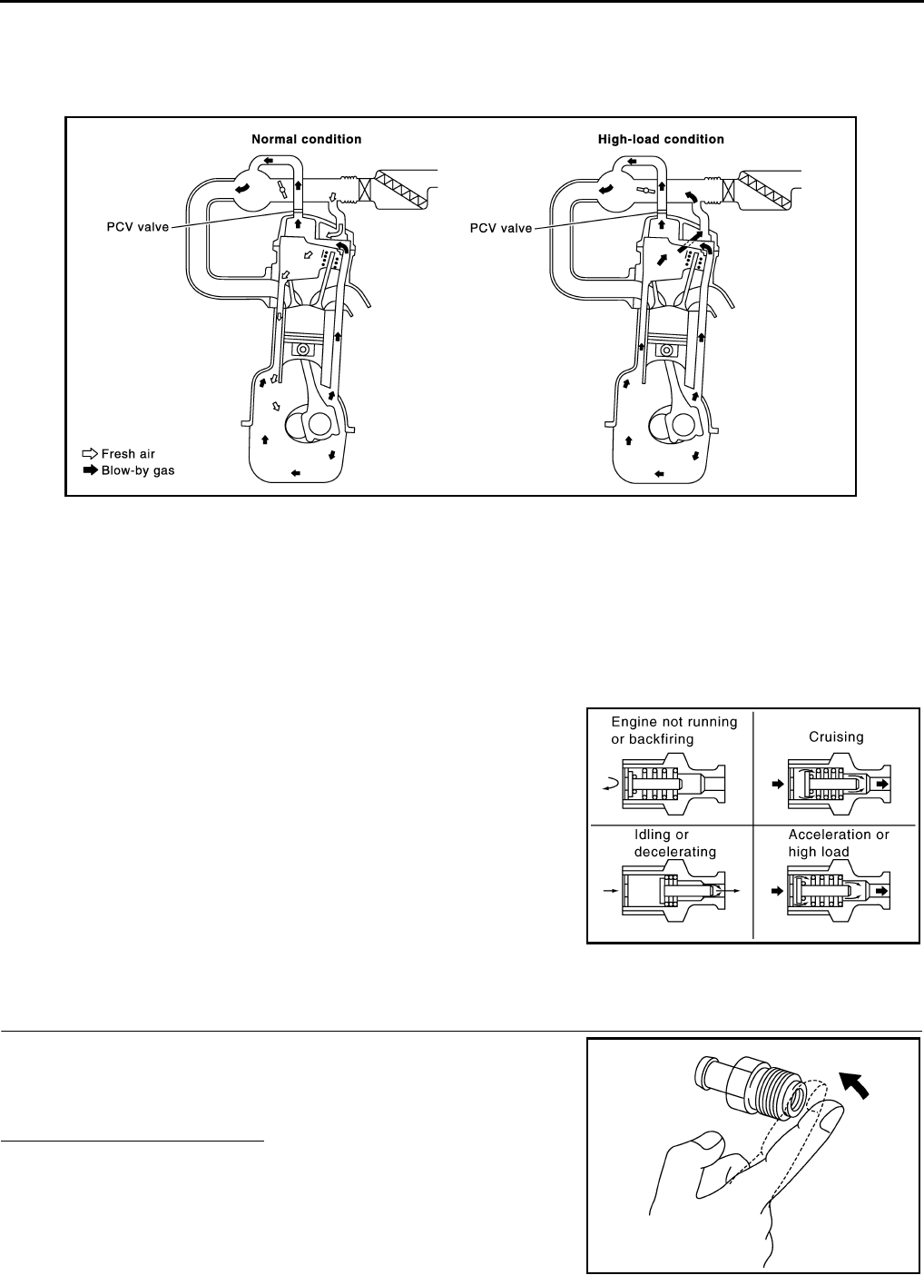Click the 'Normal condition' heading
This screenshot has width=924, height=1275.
(x=306, y=140)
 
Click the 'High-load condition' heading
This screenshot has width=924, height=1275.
(x=661, y=140)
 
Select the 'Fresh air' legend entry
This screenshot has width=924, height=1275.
(x=130, y=454)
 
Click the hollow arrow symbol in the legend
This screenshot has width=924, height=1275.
(x=89, y=454)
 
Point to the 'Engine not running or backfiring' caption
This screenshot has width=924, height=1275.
(x=673, y=730)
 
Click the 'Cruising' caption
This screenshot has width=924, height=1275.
(x=836, y=737)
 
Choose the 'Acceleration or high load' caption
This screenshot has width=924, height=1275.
(x=838, y=843)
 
